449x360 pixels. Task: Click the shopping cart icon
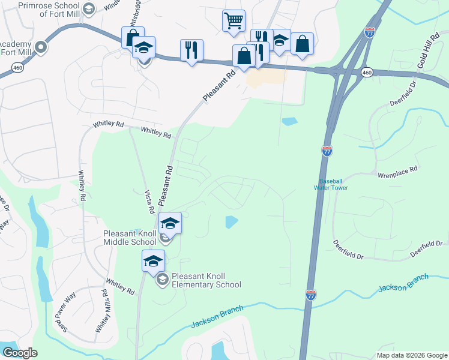234,20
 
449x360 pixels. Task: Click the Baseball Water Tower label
333,184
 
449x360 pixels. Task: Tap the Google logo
19,353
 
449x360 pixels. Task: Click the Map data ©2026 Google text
412,355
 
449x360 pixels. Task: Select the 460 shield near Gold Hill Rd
366,72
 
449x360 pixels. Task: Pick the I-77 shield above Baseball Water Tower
327,151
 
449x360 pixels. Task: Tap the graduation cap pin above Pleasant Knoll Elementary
153,260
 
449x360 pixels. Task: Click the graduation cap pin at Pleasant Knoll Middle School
170,223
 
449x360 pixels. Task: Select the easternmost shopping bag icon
302,44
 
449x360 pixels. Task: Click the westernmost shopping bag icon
133,38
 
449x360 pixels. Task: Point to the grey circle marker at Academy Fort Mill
41,46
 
